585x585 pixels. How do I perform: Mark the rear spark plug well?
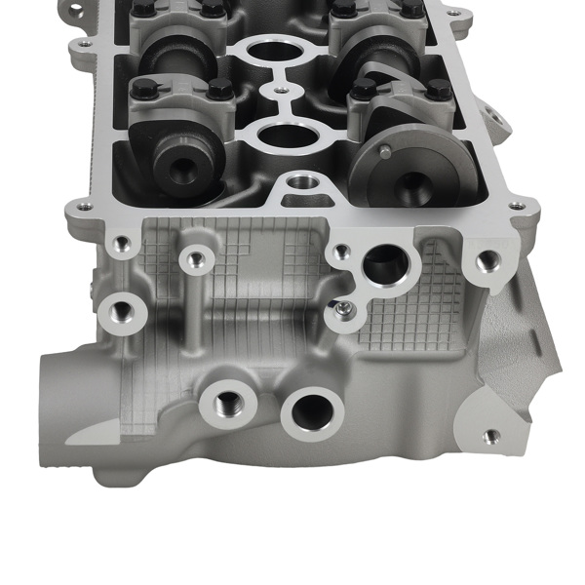pyautogui.click(x=277, y=48)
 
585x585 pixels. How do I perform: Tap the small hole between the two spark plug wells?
pyautogui.click(x=281, y=91)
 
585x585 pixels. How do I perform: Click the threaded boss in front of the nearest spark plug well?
pyautogui.click(x=301, y=181)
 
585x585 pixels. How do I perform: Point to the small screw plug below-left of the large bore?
pyautogui.click(x=343, y=310)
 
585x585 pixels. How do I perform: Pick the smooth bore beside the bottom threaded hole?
pyautogui.click(x=312, y=411)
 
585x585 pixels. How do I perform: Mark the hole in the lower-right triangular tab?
pyautogui.click(x=491, y=437)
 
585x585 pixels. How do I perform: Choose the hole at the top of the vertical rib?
pyautogui.click(x=195, y=259)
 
